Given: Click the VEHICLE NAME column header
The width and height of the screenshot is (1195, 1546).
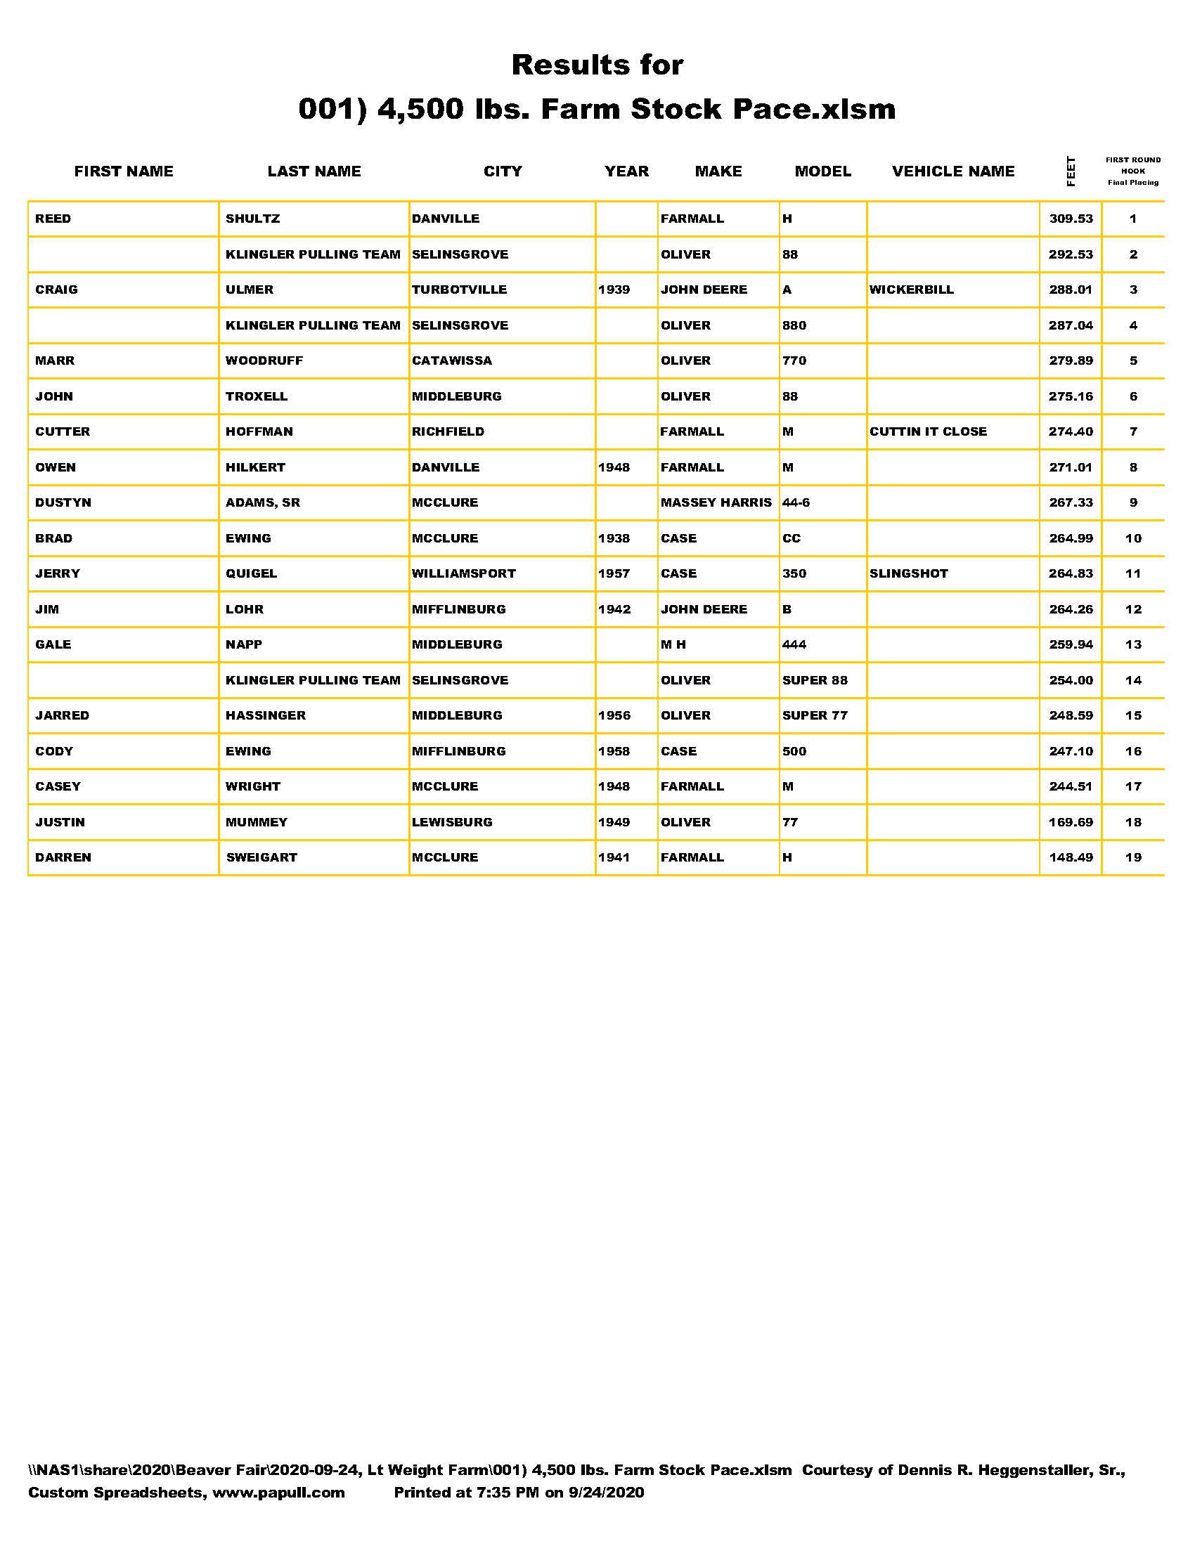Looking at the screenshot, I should [x=953, y=171].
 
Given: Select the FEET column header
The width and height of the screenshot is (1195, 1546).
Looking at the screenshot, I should [x=1071, y=171].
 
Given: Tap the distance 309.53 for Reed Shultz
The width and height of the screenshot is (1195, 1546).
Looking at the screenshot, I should [x=1071, y=219].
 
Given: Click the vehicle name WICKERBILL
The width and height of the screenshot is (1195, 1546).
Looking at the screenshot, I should [x=911, y=290].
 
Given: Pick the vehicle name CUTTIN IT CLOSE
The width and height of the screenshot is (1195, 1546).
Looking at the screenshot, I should [x=927, y=431].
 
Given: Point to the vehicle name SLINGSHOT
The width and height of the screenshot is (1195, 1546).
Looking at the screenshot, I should [x=908, y=573].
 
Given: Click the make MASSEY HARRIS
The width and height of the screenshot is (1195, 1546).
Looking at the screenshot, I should [x=716, y=502].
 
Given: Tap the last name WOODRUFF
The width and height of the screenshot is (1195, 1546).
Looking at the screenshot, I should [x=264, y=360].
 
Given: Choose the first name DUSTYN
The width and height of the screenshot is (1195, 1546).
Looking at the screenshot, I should [x=63, y=502].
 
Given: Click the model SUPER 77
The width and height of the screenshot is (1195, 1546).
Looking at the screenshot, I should [x=814, y=715].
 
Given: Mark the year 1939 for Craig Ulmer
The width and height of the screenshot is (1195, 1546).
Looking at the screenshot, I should [x=614, y=290].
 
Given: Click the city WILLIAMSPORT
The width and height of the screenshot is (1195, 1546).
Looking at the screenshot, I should [x=464, y=573].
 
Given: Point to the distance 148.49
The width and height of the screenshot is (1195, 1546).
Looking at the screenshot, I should [x=1071, y=857].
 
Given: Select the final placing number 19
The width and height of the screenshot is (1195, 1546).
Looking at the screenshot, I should [x=1132, y=857].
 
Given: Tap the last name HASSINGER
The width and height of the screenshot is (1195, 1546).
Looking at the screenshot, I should [x=266, y=715].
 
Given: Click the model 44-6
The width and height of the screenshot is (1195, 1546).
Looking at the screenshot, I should [x=796, y=502].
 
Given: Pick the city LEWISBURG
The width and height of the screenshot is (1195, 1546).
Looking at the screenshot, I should [x=452, y=822].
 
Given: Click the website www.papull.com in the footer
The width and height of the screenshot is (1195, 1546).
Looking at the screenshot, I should [x=278, y=1493].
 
